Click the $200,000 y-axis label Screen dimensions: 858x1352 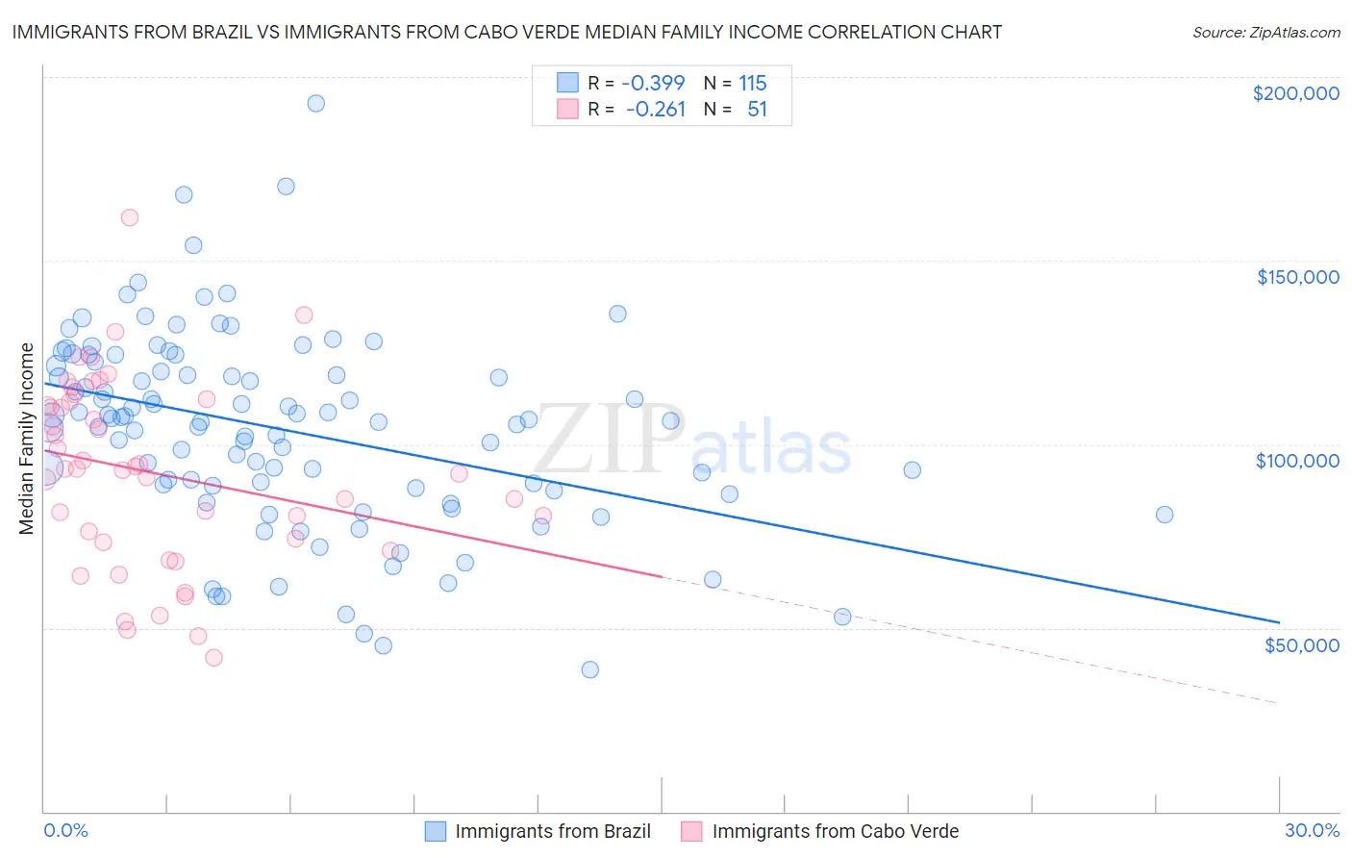pos(1295,93)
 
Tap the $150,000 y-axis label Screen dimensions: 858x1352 pos(1297,277)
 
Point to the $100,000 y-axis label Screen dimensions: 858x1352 pos(1297,461)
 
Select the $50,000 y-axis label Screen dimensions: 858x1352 pos(1301,644)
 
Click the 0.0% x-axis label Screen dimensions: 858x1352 pos(65,830)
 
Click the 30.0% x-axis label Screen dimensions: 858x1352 pos(1312,830)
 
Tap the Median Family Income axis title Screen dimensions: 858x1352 pos(27,439)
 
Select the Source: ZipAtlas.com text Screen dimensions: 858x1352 pos(1265,32)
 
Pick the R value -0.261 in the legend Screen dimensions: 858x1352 pos(655,110)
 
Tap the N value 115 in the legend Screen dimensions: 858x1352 pos(753,84)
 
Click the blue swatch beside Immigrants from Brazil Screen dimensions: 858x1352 pos(436,831)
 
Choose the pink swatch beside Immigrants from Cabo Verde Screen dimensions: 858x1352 pos(691,831)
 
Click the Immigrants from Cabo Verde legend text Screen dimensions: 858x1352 pos(836,831)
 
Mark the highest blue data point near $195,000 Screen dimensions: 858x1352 pos(315,103)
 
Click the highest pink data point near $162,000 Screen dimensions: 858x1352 pos(130,217)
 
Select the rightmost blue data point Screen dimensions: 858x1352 pos(1164,515)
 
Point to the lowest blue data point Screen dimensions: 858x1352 pos(590,669)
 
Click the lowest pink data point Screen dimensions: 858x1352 pos(214,658)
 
